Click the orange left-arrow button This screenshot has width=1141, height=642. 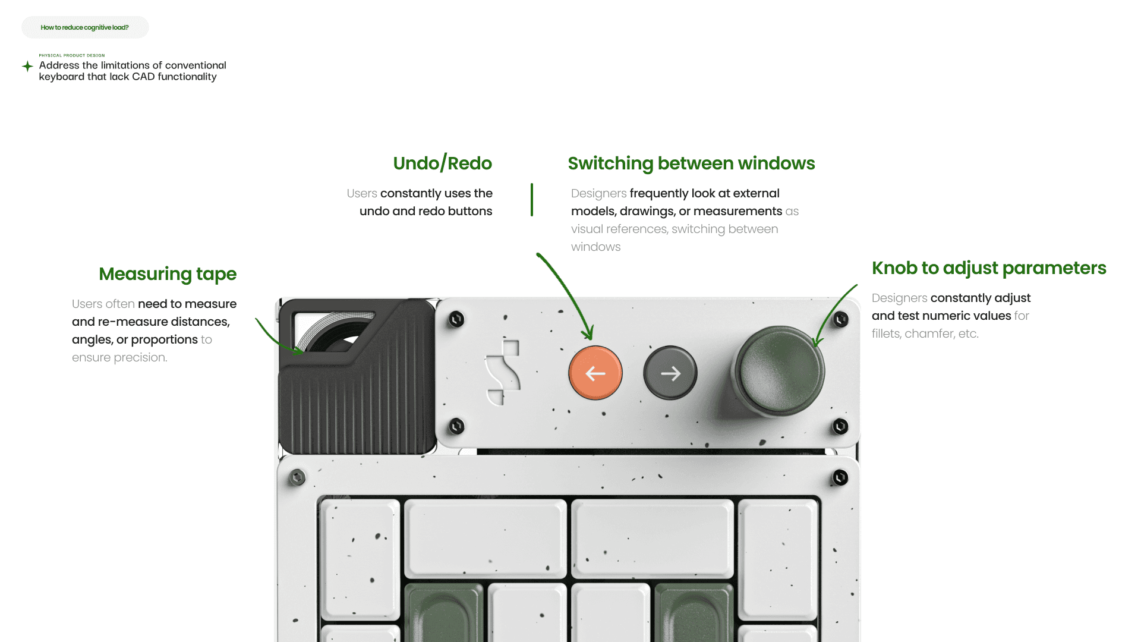tap(595, 373)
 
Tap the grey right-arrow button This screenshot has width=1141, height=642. tap(670, 373)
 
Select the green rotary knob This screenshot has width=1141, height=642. tap(779, 370)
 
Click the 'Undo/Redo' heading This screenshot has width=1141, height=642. tap(442, 163)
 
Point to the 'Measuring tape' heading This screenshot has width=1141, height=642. tap(168, 274)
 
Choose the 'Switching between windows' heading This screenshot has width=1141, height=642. tap(691, 163)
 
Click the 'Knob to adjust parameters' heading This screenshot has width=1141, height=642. tap(989, 268)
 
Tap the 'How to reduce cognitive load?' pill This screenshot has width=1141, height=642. tap(85, 27)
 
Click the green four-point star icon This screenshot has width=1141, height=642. tap(27, 66)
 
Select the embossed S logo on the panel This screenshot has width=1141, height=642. tap(503, 373)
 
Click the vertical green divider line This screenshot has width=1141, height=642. tap(532, 200)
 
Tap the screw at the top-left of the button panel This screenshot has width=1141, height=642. tap(456, 319)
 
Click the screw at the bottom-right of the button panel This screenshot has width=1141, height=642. tap(840, 426)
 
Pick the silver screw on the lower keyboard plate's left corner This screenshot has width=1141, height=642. tap(297, 477)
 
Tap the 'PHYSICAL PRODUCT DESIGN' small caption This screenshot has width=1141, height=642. tap(72, 55)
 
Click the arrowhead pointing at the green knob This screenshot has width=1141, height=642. tap(817, 342)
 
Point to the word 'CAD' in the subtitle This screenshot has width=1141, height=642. tap(143, 77)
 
